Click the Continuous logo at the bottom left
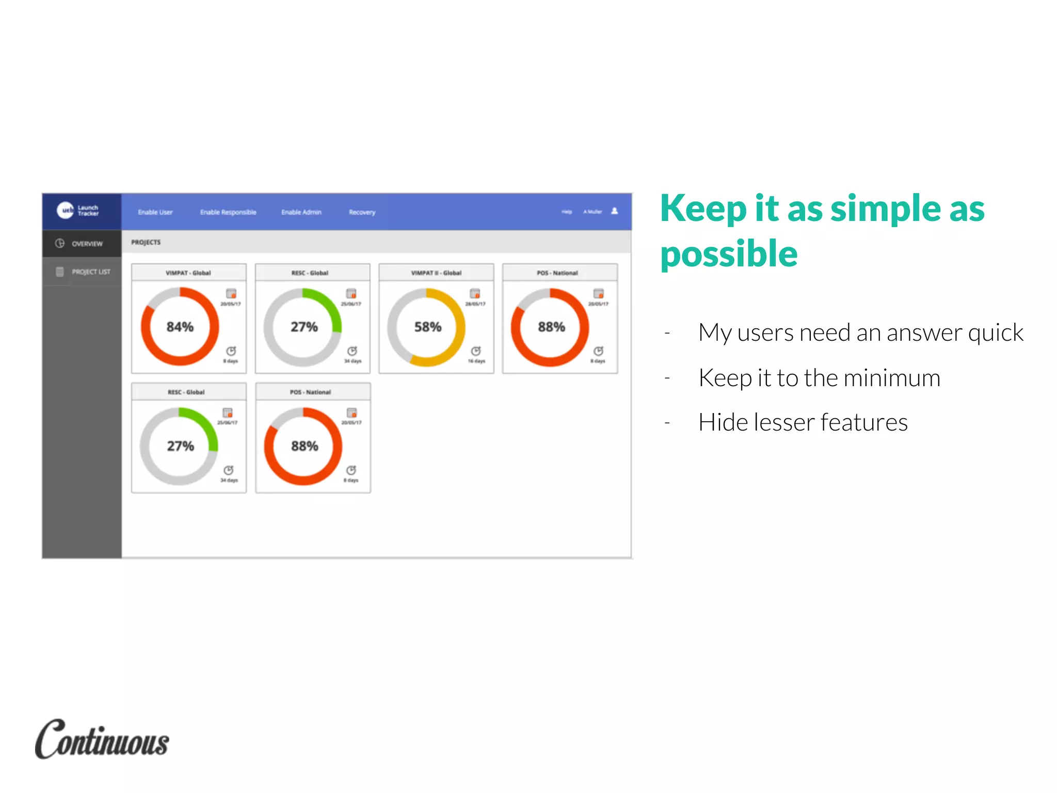coord(102,740)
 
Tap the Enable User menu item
coord(155,212)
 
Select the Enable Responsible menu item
coord(228,212)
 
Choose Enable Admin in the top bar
coord(301,212)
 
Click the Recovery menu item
coord(362,212)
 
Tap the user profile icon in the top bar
coord(614,211)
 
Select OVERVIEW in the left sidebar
coord(87,244)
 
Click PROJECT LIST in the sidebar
coord(91,272)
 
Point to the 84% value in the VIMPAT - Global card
coord(180,327)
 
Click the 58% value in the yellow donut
coord(427,327)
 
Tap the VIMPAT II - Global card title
coord(436,273)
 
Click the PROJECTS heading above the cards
coord(146,242)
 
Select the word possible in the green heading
coord(729,254)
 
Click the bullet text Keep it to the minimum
coord(819,377)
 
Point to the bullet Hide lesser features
coord(803,422)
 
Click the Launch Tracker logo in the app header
coord(77,210)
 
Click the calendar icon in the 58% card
coord(475,293)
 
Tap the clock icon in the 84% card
coord(231,351)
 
